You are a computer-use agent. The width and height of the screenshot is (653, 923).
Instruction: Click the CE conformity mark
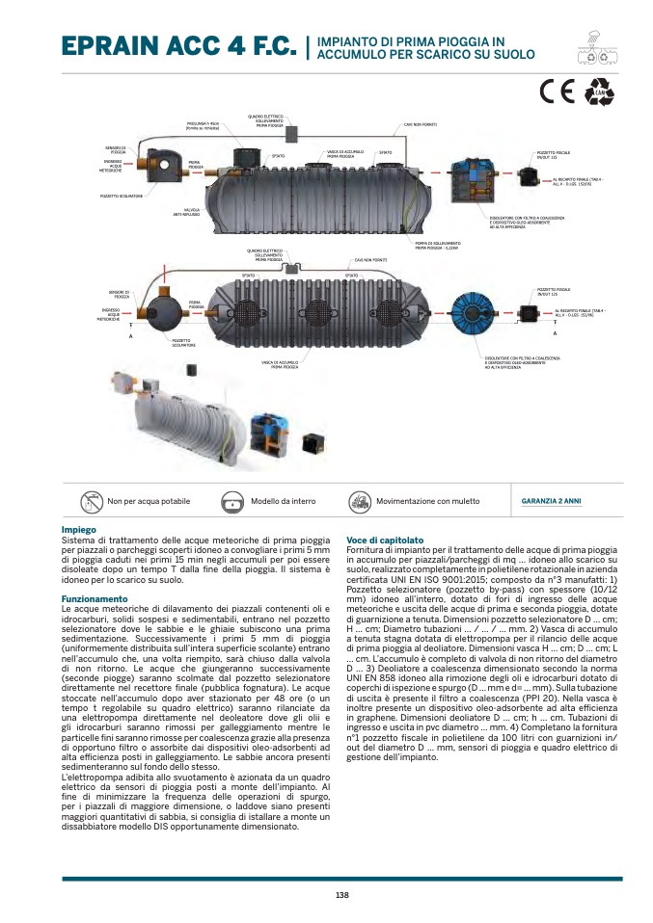[x=558, y=91]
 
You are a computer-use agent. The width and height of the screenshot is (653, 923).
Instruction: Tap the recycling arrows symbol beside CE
[x=599, y=91]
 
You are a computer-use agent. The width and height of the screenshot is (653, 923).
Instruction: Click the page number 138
[x=341, y=895]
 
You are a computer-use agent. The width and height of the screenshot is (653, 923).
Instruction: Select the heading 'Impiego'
[x=78, y=531]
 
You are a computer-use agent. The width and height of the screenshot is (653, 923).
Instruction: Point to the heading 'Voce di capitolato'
[x=385, y=540]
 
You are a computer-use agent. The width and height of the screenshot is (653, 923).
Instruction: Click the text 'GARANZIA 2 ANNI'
[x=551, y=501]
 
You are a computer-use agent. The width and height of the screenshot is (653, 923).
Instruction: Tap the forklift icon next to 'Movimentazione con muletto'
[x=359, y=502]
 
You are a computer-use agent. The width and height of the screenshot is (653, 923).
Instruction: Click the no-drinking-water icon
[x=92, y=502]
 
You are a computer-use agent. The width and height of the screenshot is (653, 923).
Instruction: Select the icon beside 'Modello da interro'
[x=233, y=502]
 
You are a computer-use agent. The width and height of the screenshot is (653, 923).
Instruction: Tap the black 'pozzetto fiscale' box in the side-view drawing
[x=529, y=176]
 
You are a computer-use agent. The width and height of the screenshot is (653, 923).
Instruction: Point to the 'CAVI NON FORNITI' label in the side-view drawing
[x=421, y=125]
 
